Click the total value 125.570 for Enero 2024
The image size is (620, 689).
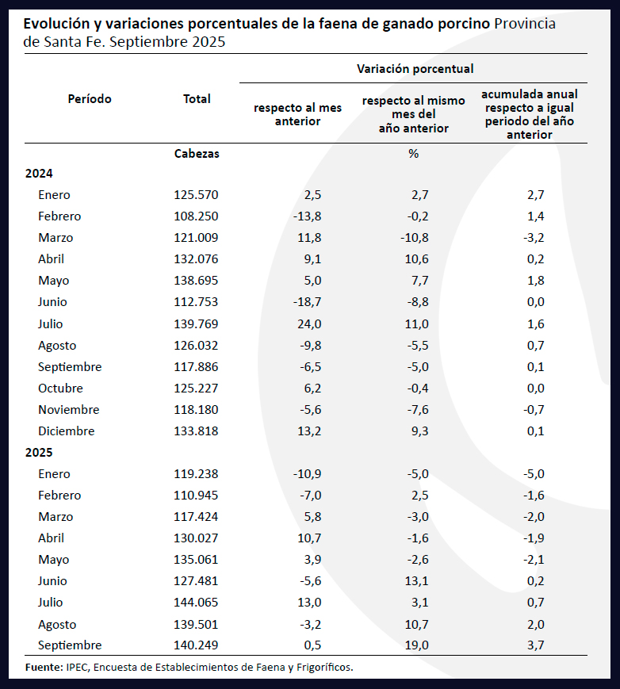click(196, 195)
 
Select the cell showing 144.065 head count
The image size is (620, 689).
click(196, 603)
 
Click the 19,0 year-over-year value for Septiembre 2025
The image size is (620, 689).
click(417, 645)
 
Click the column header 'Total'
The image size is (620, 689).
click(197, 99)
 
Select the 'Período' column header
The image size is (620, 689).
click(90, 99)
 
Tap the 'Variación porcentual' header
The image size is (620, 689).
click(415, 70)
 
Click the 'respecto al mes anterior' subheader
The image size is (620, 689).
click(297, 114)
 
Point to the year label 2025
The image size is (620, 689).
click(39, 453)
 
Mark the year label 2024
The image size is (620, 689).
click(39, 173)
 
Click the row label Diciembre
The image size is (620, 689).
click(66, 431)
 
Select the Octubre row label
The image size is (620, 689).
click(60, 389)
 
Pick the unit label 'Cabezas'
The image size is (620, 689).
click(197, 154)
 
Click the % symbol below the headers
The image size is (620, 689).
click(413, 154)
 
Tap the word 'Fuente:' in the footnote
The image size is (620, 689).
click(42, 667)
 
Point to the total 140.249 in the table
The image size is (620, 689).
click(196, 645)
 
